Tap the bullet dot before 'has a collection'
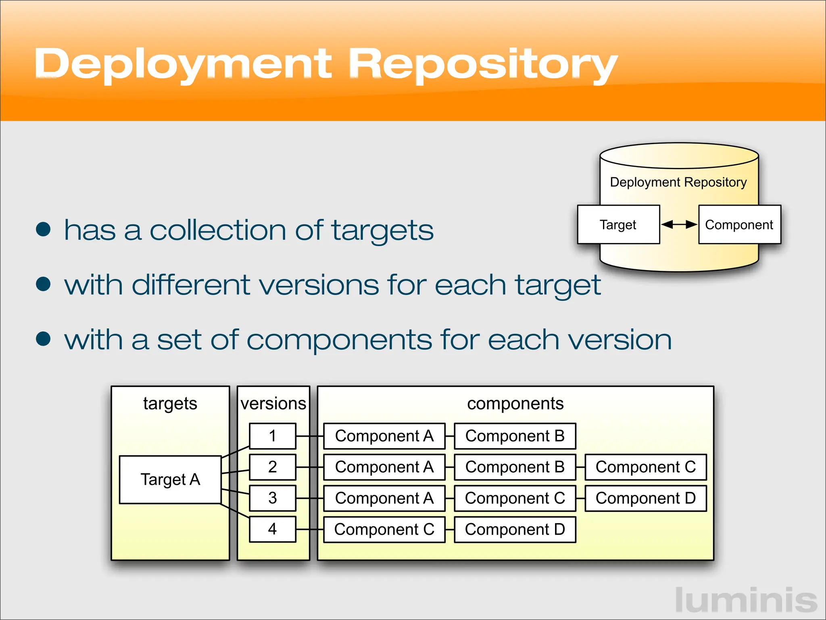point(43,229)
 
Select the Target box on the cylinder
point(618,224)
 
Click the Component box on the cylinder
point(739,224)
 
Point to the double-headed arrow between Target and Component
point(679,224)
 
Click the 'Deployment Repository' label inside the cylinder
point(678,182)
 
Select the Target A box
point(170,480)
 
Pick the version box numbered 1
point(273,436)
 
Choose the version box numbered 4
point(273,529)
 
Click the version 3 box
point(273,498)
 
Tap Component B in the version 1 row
point(515,436)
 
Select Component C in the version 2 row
point(645,467)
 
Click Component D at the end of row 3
point(645,498)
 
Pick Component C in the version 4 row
point(384,529)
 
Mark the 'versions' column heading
point(273,404)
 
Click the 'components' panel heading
point(515,404)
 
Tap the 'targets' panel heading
point(170,404)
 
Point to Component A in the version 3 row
point(384,498)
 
